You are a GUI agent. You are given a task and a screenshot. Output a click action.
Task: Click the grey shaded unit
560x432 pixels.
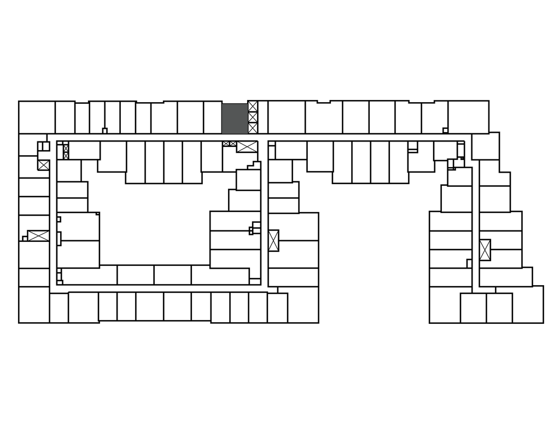coord(235,118)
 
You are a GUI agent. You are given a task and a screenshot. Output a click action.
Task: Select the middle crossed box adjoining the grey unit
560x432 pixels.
coord(253,117)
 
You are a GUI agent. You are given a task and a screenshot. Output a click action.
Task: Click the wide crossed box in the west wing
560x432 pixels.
coord(38,236)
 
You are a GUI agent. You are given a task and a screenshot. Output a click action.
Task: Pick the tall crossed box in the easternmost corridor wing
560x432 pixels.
coord(485,250)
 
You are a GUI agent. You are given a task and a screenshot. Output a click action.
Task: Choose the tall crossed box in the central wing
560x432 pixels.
coord(273,240)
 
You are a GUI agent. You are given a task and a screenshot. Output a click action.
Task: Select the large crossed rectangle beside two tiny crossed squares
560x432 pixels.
coord(247,146)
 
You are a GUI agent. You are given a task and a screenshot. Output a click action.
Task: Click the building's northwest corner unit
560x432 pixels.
coord(37,117)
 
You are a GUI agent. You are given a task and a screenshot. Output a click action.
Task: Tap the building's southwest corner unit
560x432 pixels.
coord(34,305)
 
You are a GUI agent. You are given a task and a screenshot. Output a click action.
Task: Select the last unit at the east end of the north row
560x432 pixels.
coord(468,117)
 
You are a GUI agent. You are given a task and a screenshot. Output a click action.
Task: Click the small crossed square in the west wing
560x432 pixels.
coord(43,165)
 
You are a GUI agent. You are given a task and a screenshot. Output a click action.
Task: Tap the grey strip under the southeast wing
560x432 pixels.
coord(486,324)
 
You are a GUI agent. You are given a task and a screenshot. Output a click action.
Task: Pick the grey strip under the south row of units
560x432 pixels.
coord(155,323)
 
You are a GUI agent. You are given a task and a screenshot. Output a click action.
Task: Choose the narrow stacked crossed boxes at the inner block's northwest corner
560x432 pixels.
coord(66,151)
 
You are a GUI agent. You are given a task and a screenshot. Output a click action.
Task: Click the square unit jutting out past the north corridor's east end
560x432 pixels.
coord(485,146)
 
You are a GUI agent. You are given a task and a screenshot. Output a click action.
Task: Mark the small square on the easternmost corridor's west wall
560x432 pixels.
coord(469,263)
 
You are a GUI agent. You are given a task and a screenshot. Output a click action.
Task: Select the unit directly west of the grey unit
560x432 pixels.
coord(212,117)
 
